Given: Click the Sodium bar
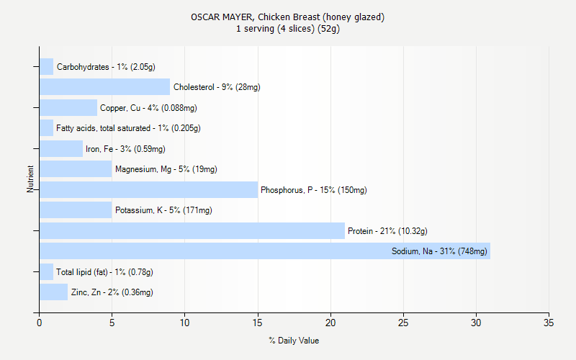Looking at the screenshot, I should [x=265, y=251].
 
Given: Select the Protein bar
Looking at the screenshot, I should [x=192, y=231].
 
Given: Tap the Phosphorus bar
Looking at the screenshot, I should [x=148, y=190].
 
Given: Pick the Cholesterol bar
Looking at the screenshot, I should [x=104, y=87].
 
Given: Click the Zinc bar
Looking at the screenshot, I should [x=53, y=292].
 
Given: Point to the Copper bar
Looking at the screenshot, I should [x=68, y=108].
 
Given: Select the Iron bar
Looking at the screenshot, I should [x=61, y=149].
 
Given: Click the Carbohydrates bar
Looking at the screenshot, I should [x=46, y=67].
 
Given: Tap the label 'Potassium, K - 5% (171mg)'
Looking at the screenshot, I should [x=163, y=211].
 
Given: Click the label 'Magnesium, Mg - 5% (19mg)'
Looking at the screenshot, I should [x=166, y=170].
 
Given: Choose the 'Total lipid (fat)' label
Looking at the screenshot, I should [x=104, y=272].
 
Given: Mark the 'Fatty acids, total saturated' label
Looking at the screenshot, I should [x=128, y=128].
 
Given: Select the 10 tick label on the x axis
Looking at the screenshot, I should [x=185, y=322].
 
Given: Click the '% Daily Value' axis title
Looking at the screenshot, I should [x=294, y=341].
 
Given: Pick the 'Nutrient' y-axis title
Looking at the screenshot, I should [x=30, y=179].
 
